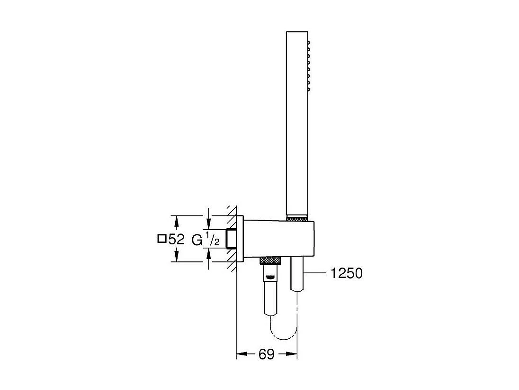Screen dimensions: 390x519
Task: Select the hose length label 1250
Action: pos(347,274)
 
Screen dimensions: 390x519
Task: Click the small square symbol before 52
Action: pos(161,240)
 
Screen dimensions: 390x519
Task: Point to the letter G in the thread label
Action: pos(197,240)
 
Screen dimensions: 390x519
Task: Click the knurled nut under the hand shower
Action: pos(297,219)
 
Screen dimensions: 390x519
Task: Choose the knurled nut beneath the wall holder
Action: pos(270,260)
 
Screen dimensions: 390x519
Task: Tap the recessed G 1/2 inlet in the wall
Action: pos(231,239)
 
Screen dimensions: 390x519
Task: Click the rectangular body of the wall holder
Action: pos(279,239)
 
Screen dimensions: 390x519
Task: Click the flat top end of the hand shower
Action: pos(297,33)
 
